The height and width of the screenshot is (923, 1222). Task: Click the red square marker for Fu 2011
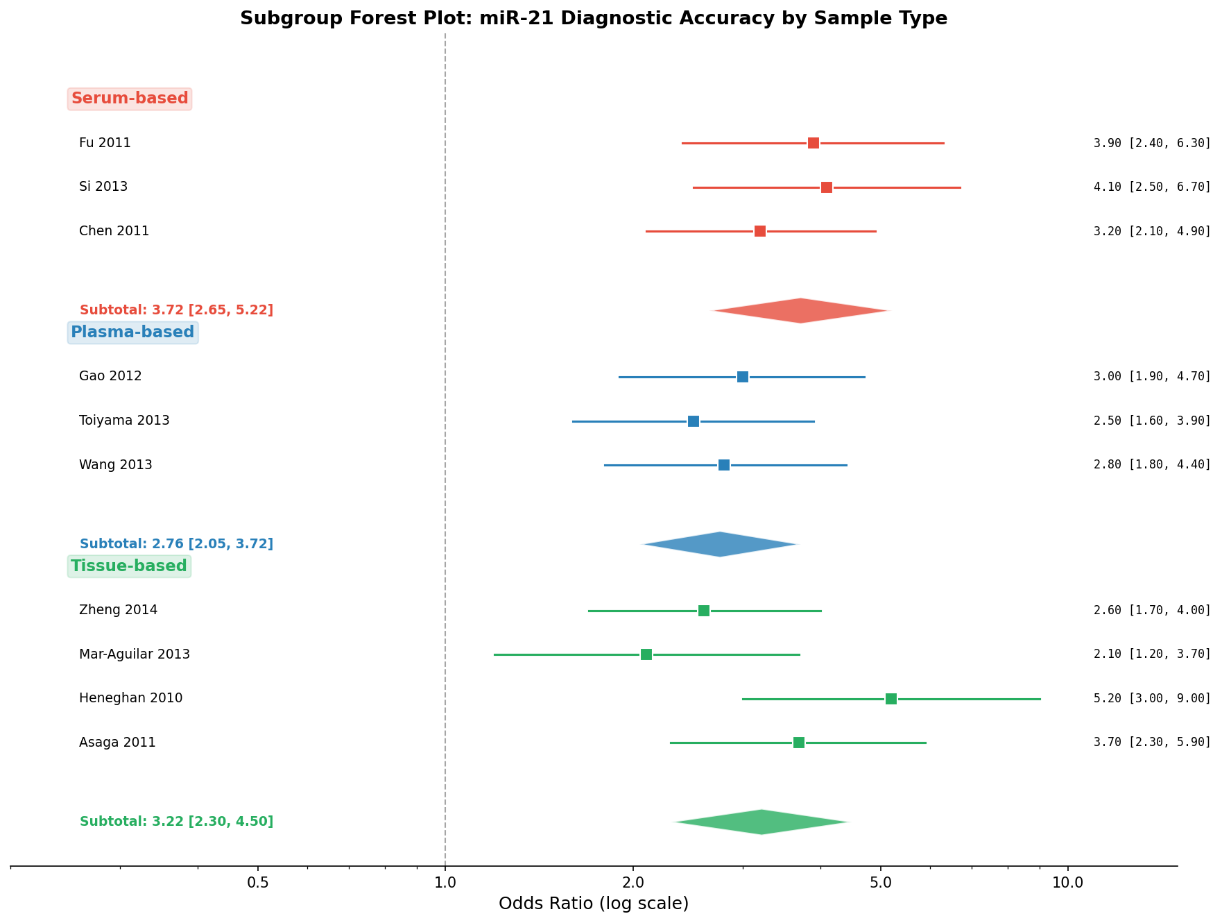[x=814, y=143]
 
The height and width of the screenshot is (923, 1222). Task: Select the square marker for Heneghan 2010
[x=891, y=699]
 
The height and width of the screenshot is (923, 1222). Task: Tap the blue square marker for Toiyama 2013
[x=694, y=421]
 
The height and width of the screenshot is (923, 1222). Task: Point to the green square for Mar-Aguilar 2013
[x=646, y=654]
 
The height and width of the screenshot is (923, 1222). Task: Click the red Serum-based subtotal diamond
[x=801, y=311]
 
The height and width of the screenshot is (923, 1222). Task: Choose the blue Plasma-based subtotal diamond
[x=721, y=545]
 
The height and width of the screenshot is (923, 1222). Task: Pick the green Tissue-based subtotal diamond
[x=761, y=822]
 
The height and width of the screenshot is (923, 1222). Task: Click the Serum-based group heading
[x=130, y=99]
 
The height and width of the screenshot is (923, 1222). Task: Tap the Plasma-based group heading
[x=132, y=332]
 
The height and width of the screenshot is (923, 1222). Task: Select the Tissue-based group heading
[x=129, y=566]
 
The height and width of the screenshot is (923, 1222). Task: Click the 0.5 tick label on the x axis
[x=258, y=883]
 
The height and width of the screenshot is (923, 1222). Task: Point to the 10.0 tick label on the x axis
[x=1068, y=883]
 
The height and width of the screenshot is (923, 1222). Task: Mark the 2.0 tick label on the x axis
[x=633, y=883]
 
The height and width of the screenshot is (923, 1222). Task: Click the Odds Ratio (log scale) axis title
[x=594, y=904]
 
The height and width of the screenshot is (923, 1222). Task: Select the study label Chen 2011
[x=114, y=231]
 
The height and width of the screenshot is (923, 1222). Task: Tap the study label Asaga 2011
[x=117, y=743]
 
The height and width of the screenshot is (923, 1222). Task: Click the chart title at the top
[x=594, y=19]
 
